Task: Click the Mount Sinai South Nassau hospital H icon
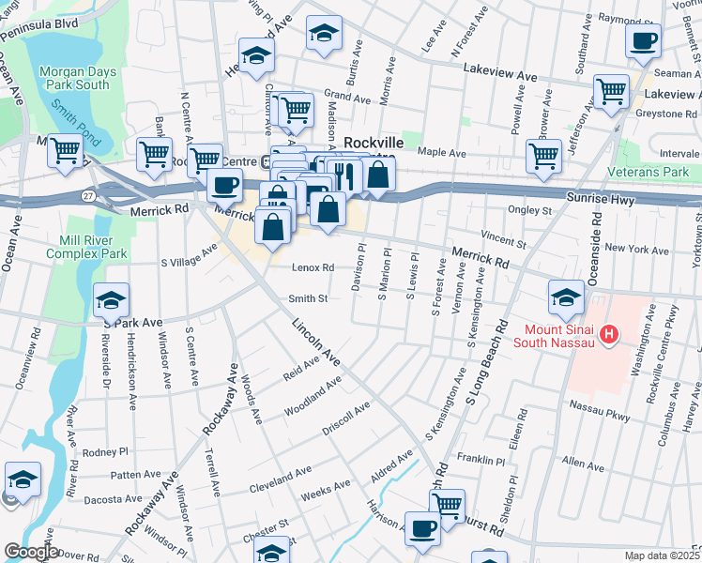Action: [x=610, y=333]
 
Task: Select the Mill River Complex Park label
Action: [x=92, y=247]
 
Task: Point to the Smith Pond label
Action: [x=76, y=129]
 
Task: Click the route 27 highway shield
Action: [x=88, y=195]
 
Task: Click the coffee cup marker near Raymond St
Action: [x=644, y=41]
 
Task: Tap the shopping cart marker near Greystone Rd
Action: [x=612, y=92]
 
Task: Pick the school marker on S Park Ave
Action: [x=112, y=300]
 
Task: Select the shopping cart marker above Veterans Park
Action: [x=543, y=156]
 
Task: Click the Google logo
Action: [x=31, y=553]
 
